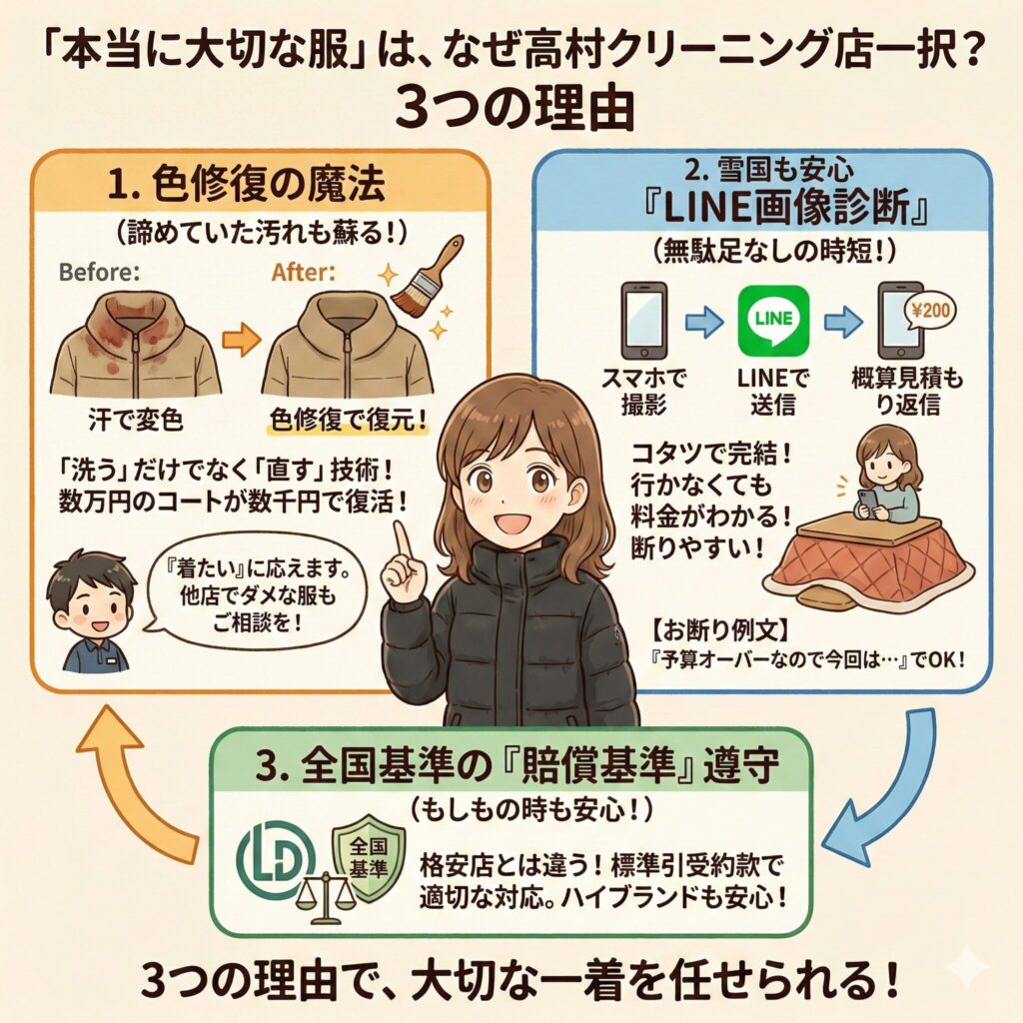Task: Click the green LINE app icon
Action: [x=771, y=320]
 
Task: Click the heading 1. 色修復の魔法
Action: [x=263, y=187]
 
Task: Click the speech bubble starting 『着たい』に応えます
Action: [x=244, y=604]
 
